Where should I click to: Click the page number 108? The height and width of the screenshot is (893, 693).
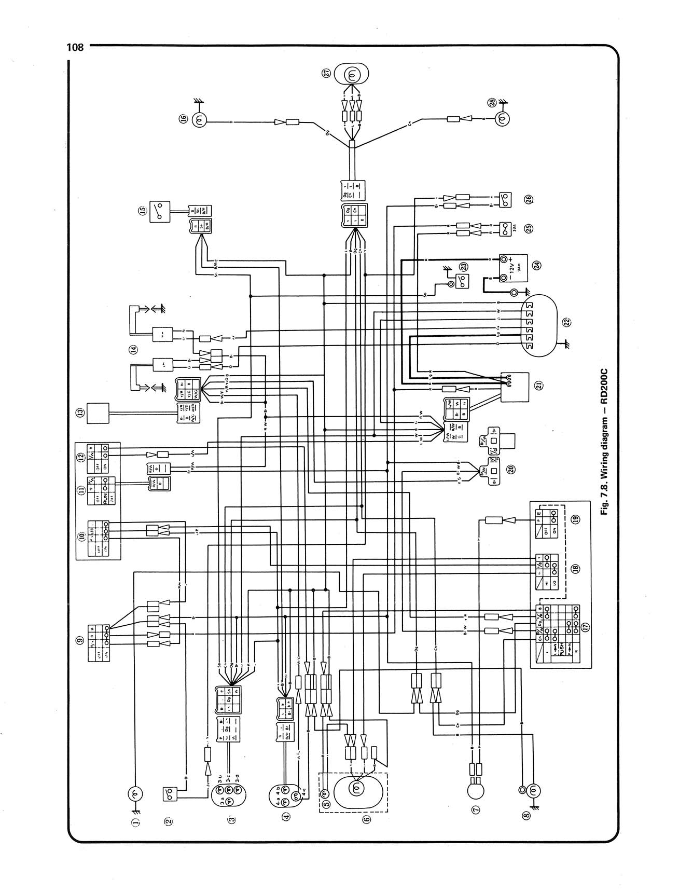75,47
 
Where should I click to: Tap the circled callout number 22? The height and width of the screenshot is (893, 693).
567,322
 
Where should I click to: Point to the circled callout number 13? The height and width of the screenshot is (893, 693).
80,413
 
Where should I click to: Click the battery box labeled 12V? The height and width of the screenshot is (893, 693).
514,268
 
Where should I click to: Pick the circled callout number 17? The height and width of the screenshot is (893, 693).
585,627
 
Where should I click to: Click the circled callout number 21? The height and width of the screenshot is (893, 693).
538,386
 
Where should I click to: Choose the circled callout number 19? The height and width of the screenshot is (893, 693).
578,520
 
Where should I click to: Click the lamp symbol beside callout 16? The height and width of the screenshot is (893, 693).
200,121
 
